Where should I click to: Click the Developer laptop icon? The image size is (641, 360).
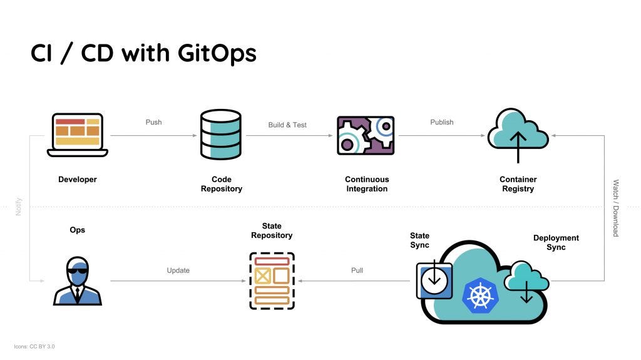(x=78, y=134)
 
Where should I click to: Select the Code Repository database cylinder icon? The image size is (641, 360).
(x=220, y=135)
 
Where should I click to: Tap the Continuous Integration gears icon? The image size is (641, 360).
(x=366, y=135)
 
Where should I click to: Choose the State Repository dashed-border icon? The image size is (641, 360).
(x=272, y=280)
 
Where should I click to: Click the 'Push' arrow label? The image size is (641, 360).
(x=153, y=122)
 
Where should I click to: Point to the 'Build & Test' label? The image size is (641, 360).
(x=287, y=125)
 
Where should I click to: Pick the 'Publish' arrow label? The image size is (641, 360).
(x=441, y=122)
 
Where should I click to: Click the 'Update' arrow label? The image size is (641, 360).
(x=178, y=270)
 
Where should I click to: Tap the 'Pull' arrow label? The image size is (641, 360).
(x=357, y=270)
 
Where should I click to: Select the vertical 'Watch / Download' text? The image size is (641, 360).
(x=615, y=208)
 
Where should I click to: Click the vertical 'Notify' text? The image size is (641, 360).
(x=19, y=207)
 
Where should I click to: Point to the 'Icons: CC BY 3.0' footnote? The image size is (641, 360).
(x=34, y=346)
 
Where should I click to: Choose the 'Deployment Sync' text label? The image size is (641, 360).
(x=555, y=242)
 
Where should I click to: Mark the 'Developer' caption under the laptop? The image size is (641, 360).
(x=78, y=180)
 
